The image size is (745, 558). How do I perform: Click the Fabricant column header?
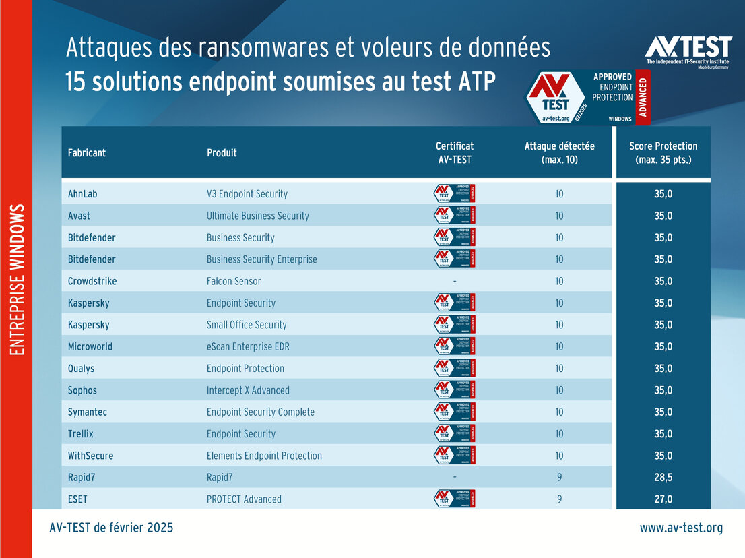point(87,153)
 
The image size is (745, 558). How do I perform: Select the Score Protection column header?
point(663,153)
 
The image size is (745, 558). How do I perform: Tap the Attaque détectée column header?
point(559,153)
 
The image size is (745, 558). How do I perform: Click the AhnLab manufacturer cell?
point(83,194)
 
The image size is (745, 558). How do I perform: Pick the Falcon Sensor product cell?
point(234,281)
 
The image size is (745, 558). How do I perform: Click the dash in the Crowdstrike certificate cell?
point(455,281)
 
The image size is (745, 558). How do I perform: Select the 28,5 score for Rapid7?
point(663,477)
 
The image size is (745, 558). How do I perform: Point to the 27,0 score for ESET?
point(663,499)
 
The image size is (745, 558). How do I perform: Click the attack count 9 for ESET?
point(559,499)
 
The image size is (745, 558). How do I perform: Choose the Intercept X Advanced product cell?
point(248,390)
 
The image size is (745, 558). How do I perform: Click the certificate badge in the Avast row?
point(455,216)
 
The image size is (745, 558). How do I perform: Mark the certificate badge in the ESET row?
point(455,499)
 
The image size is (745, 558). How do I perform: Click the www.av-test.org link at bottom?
point(681,528)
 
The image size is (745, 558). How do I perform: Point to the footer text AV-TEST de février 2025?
point(111,528)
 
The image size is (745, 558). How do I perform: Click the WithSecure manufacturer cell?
point(90,456)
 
